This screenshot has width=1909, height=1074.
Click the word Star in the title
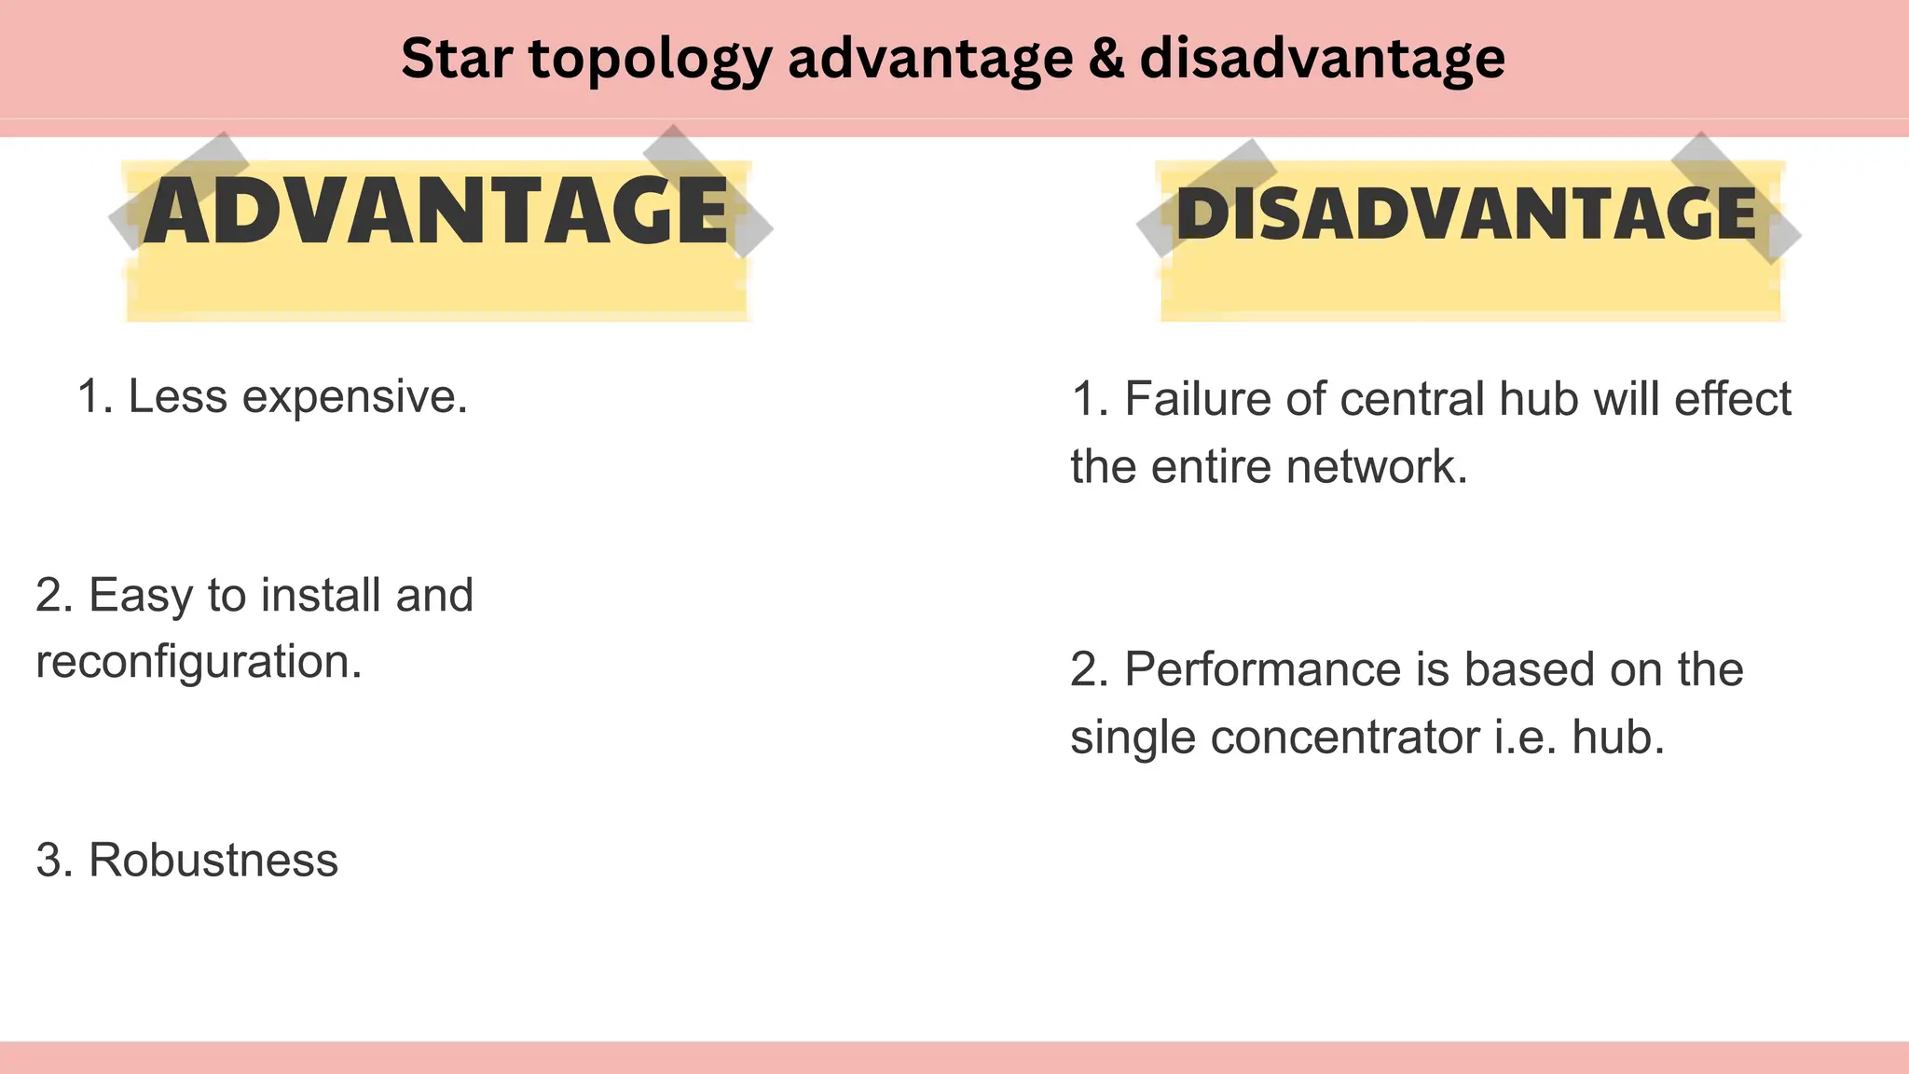coord(457,58)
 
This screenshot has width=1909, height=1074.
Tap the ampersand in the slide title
coord(1106,58)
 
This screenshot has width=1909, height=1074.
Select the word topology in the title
coord(651,60)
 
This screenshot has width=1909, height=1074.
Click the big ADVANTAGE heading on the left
coord(436,213)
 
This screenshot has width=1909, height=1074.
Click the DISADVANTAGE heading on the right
coord(1466,213)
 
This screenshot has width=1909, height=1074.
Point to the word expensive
coord(354,397)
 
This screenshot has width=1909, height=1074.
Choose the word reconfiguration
coord(199,662)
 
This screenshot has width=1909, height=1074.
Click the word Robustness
coord(213,860)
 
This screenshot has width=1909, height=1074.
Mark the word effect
coord(1733,399)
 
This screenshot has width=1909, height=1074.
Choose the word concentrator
coord(1344,737)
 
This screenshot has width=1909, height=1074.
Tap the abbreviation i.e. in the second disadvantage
coord(1525,737)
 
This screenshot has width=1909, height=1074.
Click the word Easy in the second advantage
coord(141,596)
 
